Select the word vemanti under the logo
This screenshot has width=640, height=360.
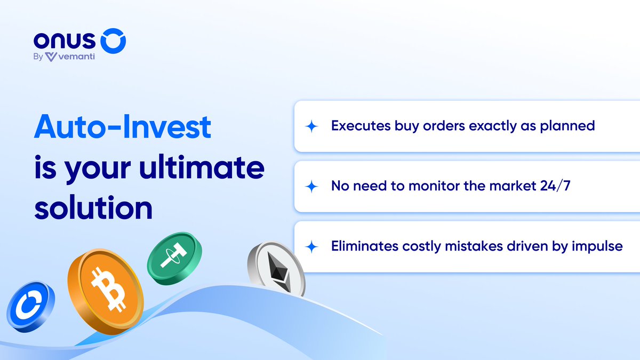point(77,57)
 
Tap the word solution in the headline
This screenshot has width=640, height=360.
point(93,208)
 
